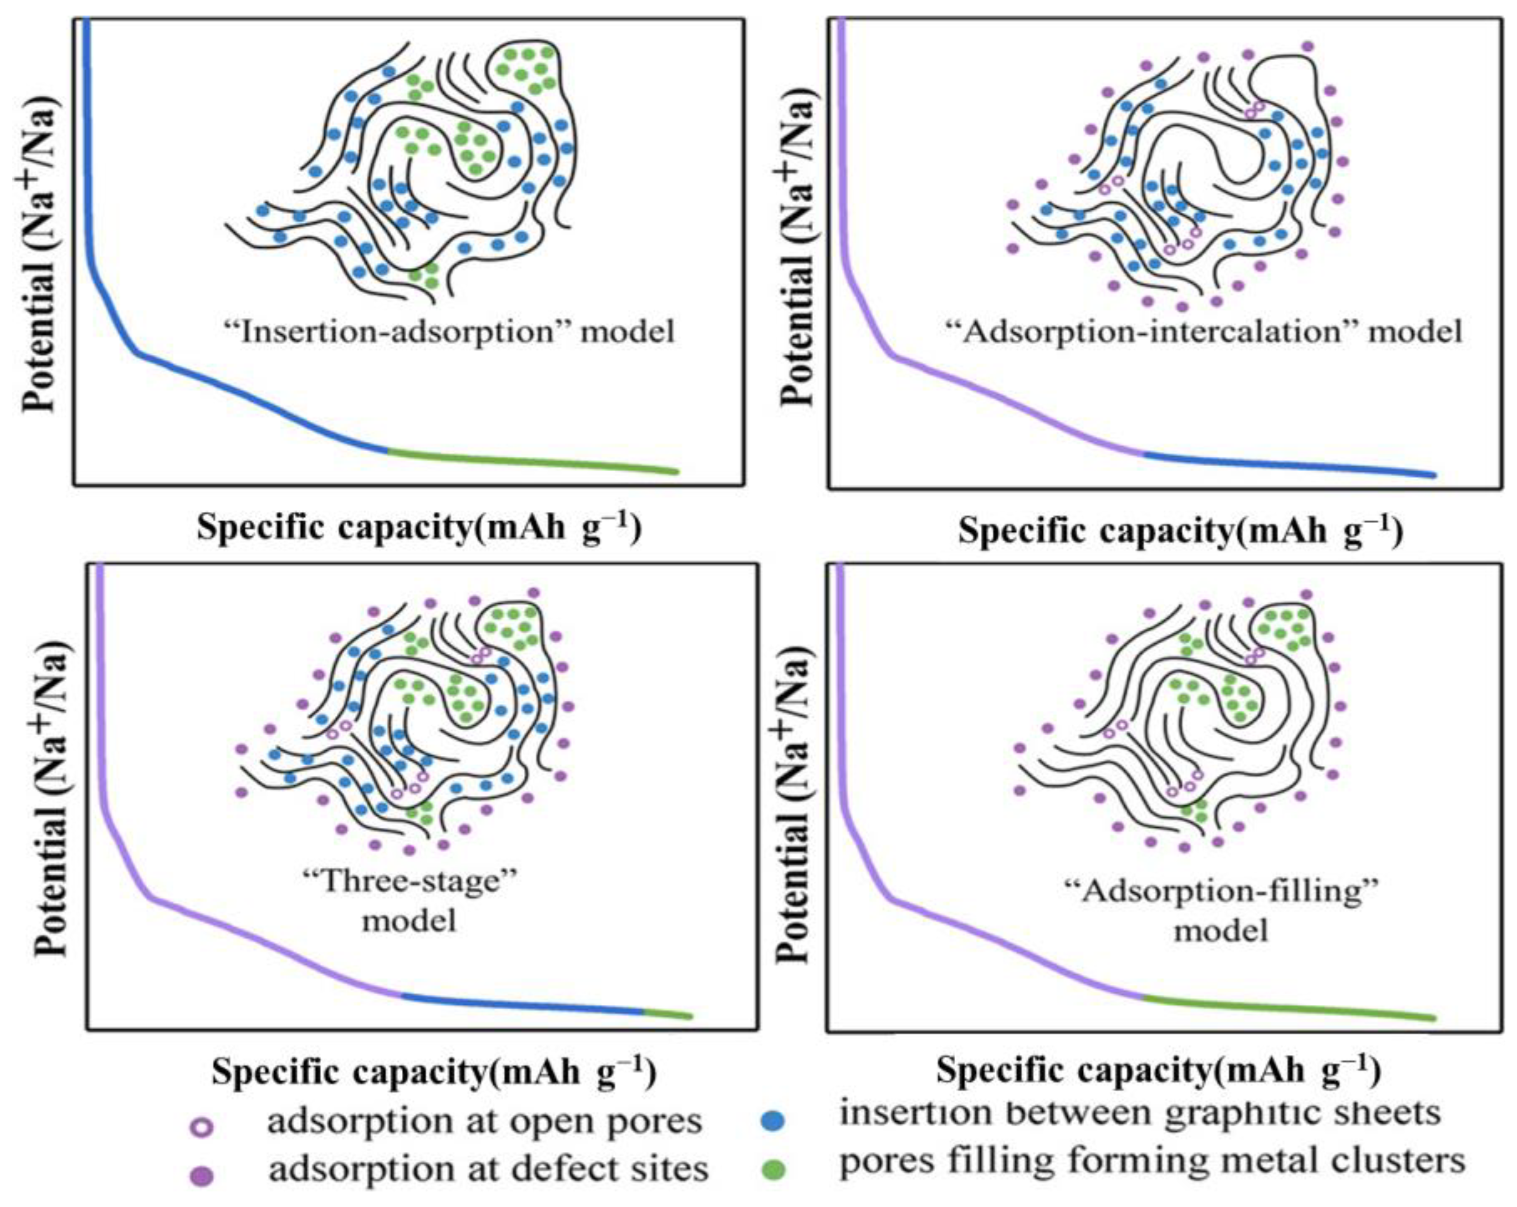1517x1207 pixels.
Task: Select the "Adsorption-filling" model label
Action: (x=1221, y=911)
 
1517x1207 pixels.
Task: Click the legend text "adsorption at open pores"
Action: (x=484, y=1122)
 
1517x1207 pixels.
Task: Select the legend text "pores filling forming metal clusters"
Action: (x=1153, y=1161)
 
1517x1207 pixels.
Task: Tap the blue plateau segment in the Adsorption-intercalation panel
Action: (x=1287, y=465)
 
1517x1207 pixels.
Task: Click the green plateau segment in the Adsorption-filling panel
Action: (x=1287, y=1009)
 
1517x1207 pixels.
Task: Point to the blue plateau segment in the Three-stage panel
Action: (x=521, y=1004)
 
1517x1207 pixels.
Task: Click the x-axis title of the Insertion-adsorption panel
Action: (x=419, y=527)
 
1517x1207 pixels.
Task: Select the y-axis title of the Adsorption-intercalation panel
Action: (x=798, y=250)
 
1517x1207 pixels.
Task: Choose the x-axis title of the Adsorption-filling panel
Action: (x=1158, y=1070)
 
